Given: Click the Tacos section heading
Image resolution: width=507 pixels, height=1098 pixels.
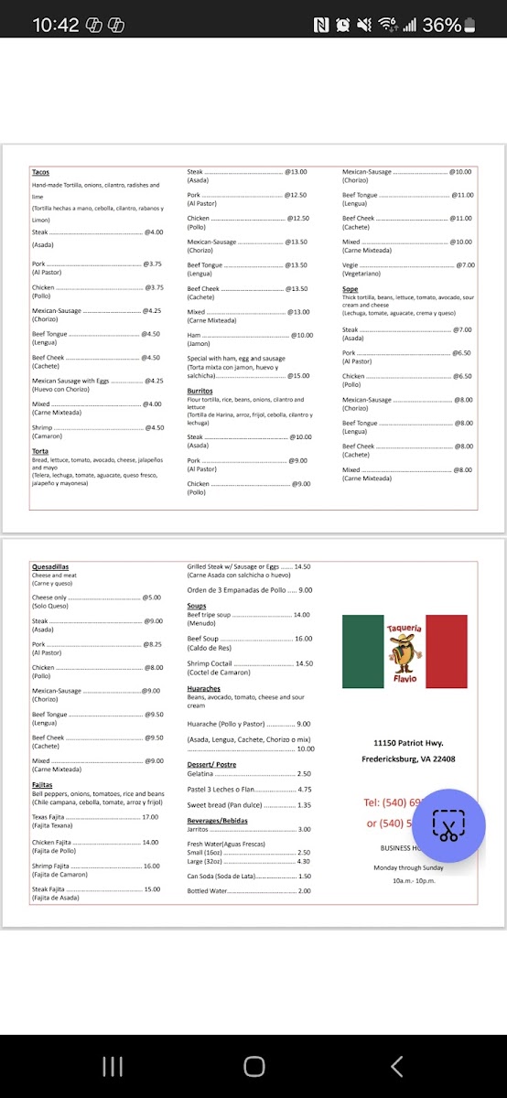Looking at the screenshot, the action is [x=40, y=172].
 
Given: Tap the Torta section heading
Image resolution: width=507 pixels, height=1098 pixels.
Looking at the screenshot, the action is [x=39, y=451].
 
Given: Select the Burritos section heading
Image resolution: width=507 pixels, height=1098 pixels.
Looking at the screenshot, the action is [x=200, y=391].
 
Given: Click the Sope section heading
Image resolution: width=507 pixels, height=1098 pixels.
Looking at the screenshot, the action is [x=350, y=289].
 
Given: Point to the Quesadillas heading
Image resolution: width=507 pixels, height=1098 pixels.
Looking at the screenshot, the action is [x=50, y=567].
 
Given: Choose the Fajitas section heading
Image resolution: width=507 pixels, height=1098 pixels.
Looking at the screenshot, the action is [x=42, y=785].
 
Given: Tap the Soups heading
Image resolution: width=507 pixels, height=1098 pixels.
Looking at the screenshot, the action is [x=197, y=606].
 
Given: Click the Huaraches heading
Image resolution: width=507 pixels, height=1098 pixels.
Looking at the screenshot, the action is [x=203, y=688].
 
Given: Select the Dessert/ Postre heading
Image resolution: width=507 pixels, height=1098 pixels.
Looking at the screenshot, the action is [x=211, y=764].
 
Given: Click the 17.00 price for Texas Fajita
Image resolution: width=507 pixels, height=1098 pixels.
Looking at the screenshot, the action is [x=150, y=817].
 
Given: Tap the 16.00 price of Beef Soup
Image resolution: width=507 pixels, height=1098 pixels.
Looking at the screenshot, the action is [x=303, y=639].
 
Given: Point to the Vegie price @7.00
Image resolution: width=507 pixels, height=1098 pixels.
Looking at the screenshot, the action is [x=465, y=265].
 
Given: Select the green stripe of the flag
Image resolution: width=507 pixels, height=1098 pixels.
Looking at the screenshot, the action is [x=362, y=651].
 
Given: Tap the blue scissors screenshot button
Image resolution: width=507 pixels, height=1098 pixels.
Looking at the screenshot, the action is [x=448, y=825].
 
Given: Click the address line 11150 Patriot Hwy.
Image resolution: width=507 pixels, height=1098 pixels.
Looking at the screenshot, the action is [x=407, y=742].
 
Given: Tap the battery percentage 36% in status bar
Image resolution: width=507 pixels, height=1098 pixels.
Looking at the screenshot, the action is [x=442, y=25].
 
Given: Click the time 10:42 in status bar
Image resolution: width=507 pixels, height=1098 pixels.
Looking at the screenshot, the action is [x=55, y=25].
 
